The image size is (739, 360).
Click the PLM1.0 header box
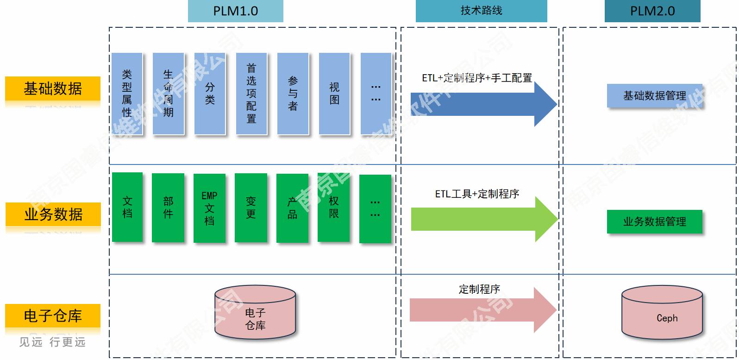[x=235, y=11]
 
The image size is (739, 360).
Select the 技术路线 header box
[x=481, y=11]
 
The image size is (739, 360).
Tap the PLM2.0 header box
[x=652, y=11]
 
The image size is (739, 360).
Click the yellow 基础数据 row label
[x=53, y=88]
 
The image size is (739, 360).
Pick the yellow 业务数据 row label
[x=53, y=215]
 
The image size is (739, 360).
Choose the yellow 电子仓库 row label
[x=53, y=316]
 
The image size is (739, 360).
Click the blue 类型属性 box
[x=127, y=94]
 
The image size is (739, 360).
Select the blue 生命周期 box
[x=168, y=94]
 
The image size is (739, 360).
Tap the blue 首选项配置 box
[x=251, y=94]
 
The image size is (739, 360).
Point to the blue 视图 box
[x=334, y=94]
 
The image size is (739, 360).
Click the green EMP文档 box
[x=209, y=208]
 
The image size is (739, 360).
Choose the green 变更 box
[x=251, y=208]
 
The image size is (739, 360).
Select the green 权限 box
[x=333, y=207]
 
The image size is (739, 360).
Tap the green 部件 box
[x=168, y=208]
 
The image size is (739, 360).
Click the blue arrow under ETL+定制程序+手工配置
[x=482, y=104]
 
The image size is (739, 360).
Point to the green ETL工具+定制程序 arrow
[x=482, y=219]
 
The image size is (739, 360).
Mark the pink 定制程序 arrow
[x=482, y=310]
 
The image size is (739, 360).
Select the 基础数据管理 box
[x=654, y=96]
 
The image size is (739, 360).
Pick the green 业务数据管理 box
[x=654, y=222]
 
